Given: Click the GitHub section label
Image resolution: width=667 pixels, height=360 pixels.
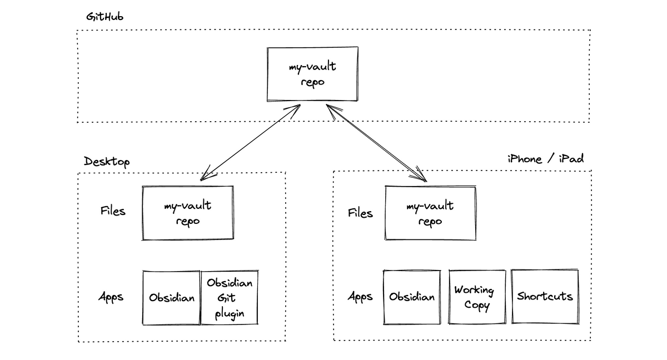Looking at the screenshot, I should (x=104, y=17).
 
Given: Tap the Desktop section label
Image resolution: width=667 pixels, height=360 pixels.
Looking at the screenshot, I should (x=107, y=162).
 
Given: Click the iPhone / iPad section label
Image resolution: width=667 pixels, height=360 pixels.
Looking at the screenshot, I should (x=545, y=159).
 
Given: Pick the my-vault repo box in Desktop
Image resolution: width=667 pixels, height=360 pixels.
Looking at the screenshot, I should (x=188, y=213).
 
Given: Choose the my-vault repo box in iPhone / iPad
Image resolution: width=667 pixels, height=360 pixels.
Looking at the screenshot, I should (x=430, y=213).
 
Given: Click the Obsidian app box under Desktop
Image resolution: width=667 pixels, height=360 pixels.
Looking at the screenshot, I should (x=171, y=298).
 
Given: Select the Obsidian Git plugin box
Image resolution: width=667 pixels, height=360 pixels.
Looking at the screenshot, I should (x=230, y=298).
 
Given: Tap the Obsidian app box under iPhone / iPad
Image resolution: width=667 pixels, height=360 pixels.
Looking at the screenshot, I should (x=411, y=297).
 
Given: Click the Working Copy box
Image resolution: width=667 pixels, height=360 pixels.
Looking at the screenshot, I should (x=477, y=297).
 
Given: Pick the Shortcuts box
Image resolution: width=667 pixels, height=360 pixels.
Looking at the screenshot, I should (x=545, y=296).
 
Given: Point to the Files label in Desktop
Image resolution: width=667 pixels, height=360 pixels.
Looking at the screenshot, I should (x=113, y=211).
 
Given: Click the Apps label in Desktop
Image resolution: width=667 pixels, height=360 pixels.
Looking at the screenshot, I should (x=111, y=297).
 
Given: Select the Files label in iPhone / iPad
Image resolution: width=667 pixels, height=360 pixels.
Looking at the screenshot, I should (x=360, y=213).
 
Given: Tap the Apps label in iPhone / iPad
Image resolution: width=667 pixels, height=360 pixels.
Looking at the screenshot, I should (x=360, y=297).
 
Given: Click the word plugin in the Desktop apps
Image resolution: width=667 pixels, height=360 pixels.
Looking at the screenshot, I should (x=230, y=314).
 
